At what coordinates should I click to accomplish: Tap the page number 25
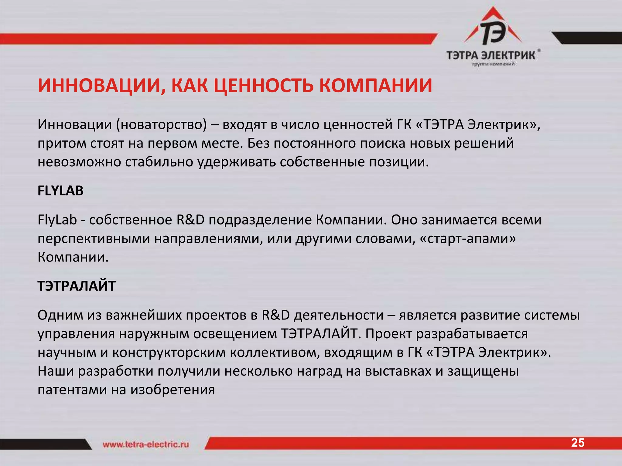578,443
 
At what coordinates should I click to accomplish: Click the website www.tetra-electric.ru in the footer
146,444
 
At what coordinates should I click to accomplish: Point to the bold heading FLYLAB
60,191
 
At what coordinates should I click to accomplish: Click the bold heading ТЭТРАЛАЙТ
77,286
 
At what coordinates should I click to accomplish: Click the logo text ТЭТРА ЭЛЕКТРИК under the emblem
491,56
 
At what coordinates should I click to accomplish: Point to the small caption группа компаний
493,64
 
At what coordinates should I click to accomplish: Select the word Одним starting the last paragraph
60,315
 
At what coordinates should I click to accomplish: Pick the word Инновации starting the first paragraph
75,125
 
